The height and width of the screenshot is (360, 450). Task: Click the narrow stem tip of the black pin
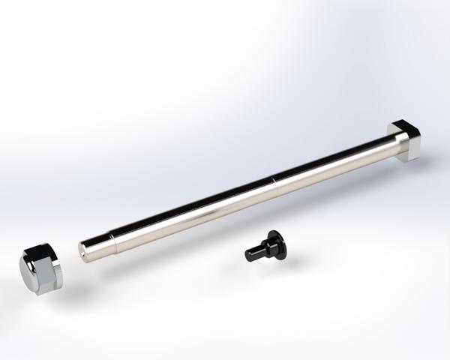[250, 254]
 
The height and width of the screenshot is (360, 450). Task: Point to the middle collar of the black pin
[262, 249]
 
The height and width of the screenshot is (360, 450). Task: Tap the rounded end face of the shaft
[85, 250]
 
